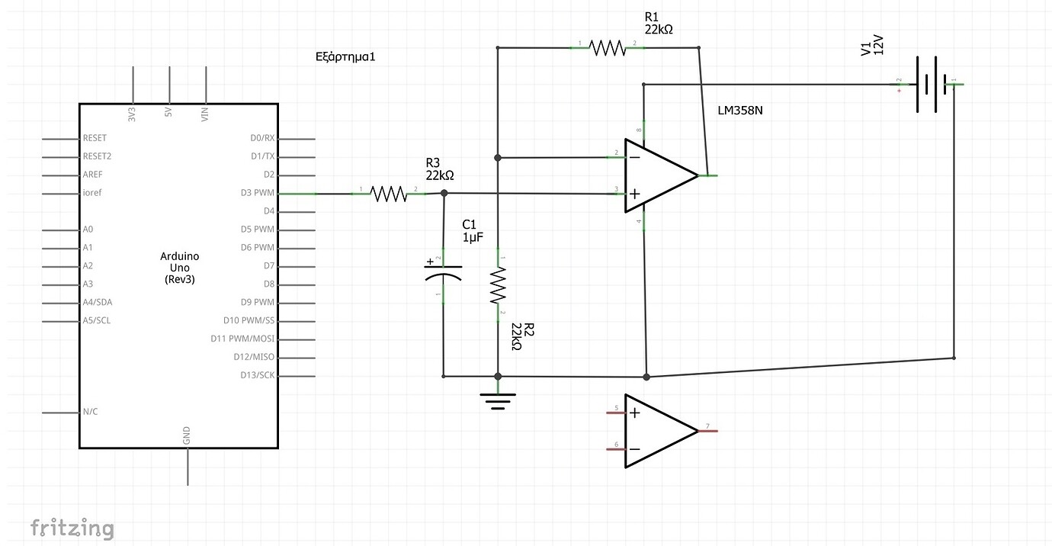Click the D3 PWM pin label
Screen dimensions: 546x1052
click(x=257, y=193)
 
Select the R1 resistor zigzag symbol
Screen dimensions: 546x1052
click(x=608, y=48)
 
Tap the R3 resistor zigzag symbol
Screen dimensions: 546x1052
click(x=389, y=194)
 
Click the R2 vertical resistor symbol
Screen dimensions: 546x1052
click(x=498, y=285)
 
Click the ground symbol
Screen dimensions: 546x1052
click(x=498, y=400)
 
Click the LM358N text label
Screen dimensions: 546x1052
click(x=740, y=111)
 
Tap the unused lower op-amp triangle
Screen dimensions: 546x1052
click(x=656, y=431)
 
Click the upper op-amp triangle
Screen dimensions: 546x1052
click(x=656, y=175)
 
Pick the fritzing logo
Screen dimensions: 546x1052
click(x=72, y=528)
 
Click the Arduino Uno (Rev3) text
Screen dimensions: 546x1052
click(x=179, y=268)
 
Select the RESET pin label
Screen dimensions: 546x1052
click(x=95, y=138)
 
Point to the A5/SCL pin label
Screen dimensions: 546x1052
click(x=96, y=320)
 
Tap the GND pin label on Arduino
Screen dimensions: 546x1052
click(x=187, y=436)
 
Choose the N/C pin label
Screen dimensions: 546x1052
click(x=90, y=412)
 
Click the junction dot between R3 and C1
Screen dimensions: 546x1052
click(x=445, y=194)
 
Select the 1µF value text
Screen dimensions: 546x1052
click(x=473, y=237)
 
